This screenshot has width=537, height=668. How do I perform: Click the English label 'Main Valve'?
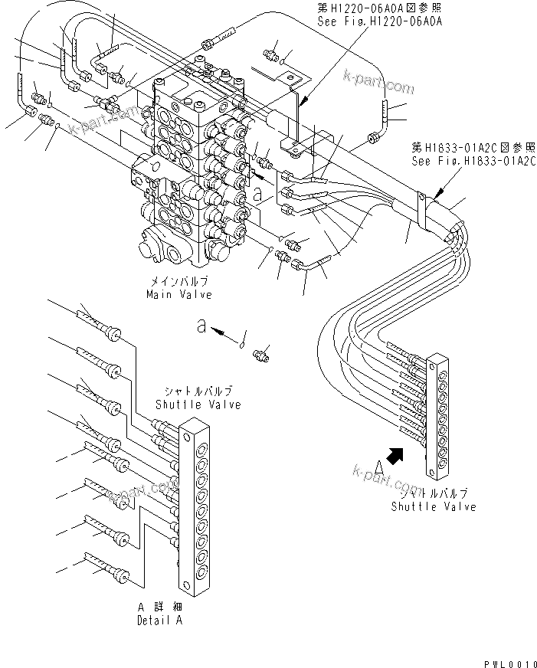[x=179, y=294]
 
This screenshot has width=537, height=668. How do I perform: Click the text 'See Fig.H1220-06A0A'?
[x=379, y=23]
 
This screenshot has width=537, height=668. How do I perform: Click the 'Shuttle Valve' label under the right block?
[x=433, y=506]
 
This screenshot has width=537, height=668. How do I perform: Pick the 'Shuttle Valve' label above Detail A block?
[x=198, y=404]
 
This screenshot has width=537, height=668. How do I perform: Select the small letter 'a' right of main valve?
[x=258, y=195]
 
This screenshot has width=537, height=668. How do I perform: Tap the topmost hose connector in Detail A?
[x=113, y=332]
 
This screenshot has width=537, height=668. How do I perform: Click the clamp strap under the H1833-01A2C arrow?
[x=421, y=205]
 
